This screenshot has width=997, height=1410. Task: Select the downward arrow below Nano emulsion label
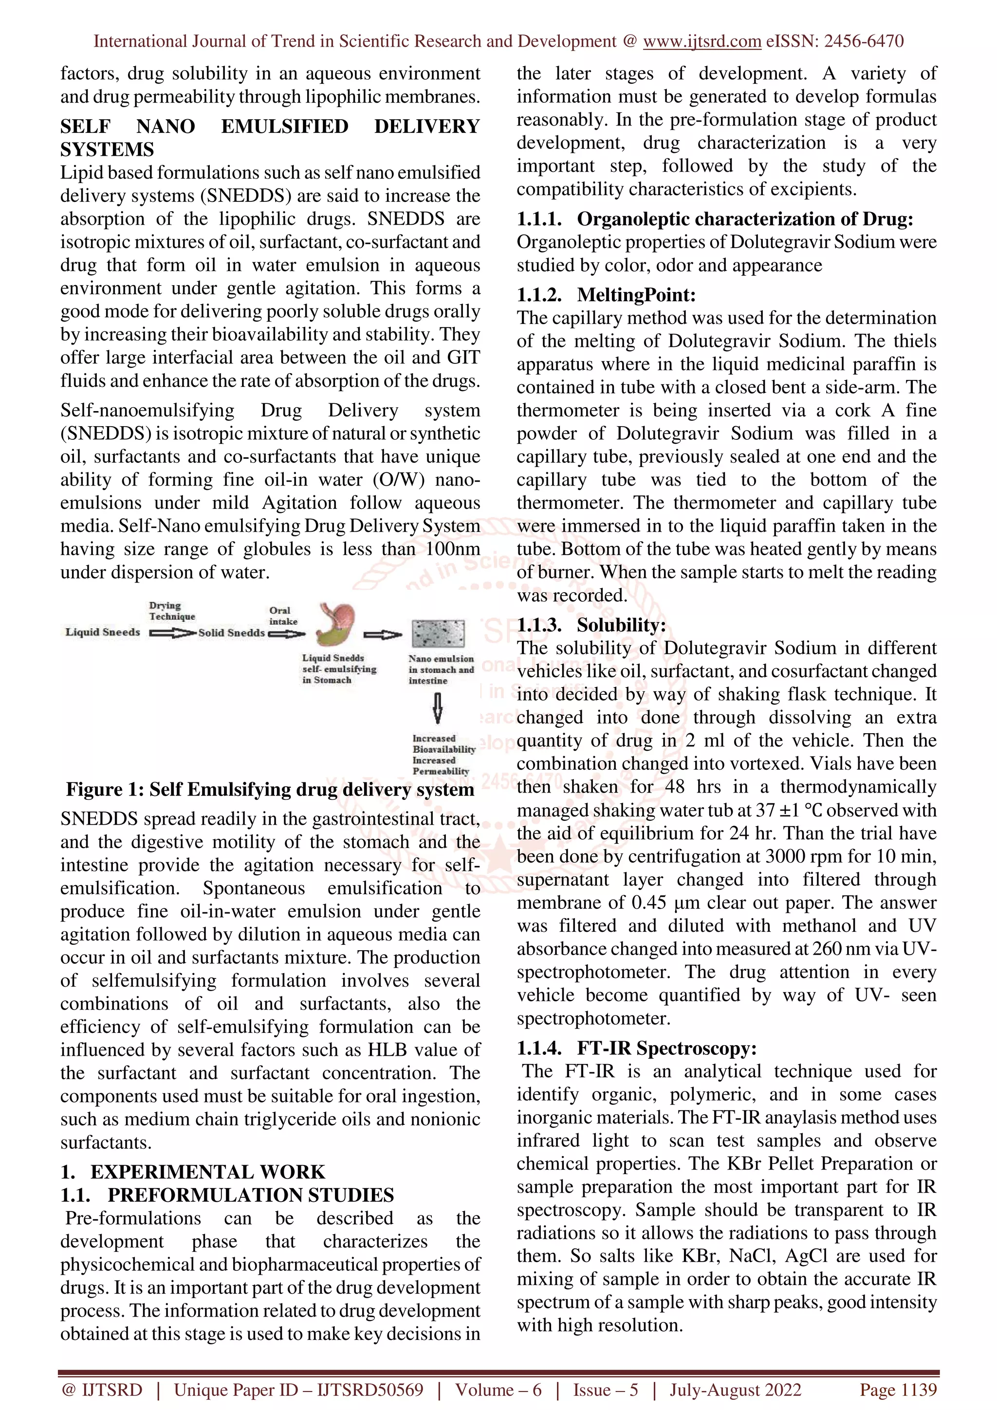tap(437, 708)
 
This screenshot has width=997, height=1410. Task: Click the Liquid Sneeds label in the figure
tap(103, 632)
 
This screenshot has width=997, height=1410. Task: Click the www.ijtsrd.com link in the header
tap(702, 41)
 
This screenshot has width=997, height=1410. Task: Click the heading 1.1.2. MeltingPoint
tap(606, 295)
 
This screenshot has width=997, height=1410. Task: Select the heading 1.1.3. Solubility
tap(591, 625)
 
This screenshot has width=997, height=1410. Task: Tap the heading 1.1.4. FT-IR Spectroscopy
tap(636, 1048)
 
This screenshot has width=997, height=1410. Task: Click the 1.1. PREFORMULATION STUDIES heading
tap(227, 1195)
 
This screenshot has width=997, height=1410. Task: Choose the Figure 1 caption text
tap(270, 789)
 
